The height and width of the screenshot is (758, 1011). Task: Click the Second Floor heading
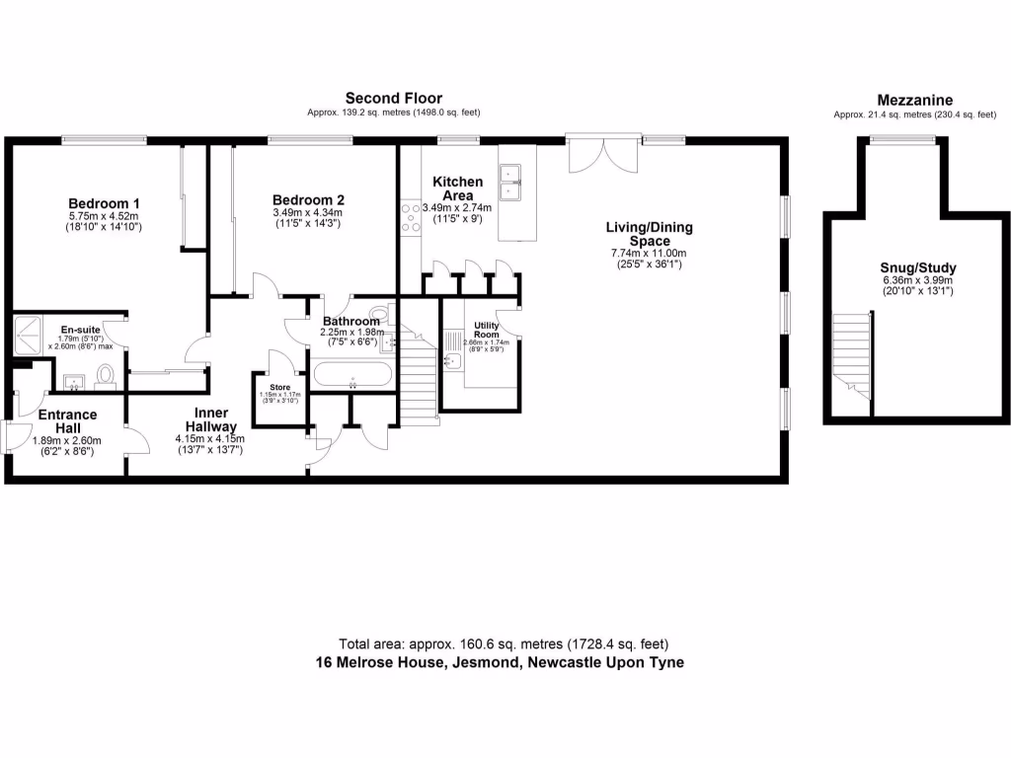393,98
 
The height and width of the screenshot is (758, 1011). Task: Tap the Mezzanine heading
914,100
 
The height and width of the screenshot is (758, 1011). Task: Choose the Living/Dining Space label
650,234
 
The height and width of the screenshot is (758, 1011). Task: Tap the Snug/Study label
918,266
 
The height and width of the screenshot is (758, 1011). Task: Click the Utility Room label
487,330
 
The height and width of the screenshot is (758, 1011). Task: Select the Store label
280,387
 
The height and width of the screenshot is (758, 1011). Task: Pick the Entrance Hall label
67,421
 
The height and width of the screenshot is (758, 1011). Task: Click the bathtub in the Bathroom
352,375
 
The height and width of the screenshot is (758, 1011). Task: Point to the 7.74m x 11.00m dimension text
650,254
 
